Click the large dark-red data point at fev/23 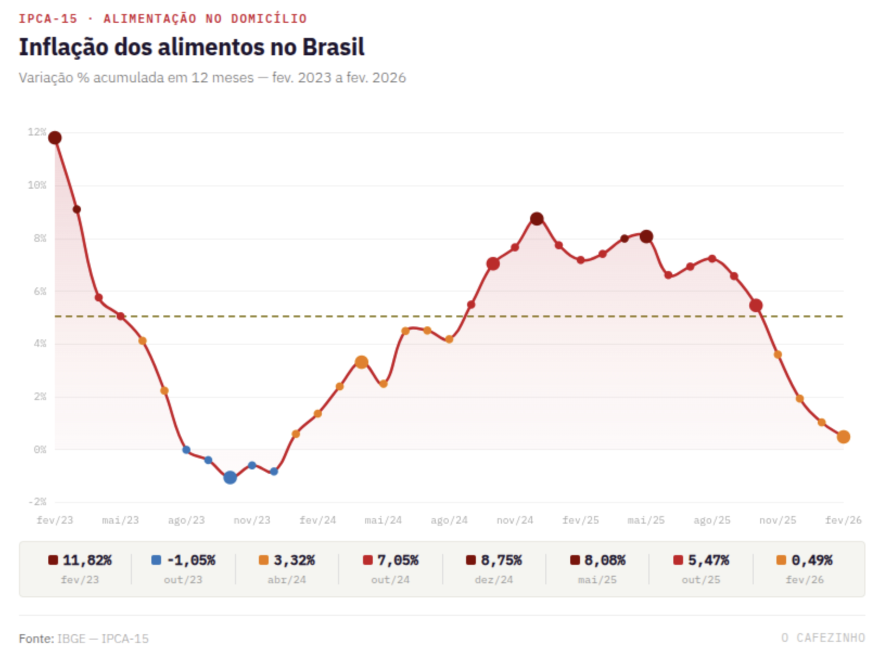pos(55,138)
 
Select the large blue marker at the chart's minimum pos(230,478)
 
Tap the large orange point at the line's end pos(843,437)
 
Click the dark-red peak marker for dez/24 pos(537,219)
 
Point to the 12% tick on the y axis pos(37,132)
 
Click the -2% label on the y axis pos(37,501)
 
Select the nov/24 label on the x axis pos(515,520)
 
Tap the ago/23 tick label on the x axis pos(186,520)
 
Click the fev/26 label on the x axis pos(843,520)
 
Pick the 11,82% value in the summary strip pos(87,560)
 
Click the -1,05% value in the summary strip pos(191,560)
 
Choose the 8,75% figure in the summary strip pos(501,560)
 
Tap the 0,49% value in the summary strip pos(812,560)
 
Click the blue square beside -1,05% pos(156,560)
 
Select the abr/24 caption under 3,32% pos(286,579)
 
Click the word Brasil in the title pos(333,47)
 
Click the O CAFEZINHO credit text pos(823,638)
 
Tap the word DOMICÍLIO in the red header pos(269,19)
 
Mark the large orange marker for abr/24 pos(361,362)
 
